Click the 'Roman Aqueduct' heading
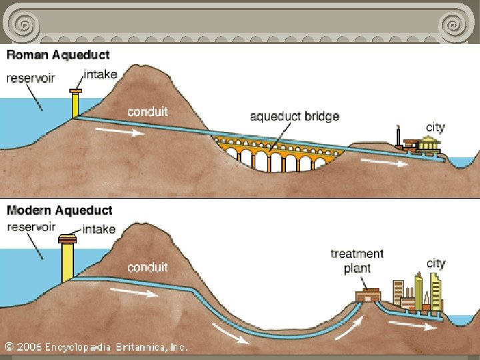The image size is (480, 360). tap(58, 55)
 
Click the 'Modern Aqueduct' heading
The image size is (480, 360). tap(59, 211)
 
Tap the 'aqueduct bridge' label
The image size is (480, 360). tap(294, 116)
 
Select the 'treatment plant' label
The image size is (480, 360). tap(357, 261)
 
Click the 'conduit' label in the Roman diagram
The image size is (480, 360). tap(147, 111)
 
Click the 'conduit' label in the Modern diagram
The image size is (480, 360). tap(147, 267)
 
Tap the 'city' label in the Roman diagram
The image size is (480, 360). tap(435, 127)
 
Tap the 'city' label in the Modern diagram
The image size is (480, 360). tap(435, 263)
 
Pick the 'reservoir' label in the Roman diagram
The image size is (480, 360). tap(31, 78)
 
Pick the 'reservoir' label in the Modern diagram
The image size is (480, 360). tap(31, 227)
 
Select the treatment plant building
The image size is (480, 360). tap(367, 295)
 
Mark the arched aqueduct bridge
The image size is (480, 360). tap(278, 153)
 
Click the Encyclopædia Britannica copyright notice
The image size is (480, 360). tap(97, 347)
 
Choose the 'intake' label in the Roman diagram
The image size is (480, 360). tap(100, 74)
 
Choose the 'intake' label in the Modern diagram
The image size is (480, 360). tap(99, 229)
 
